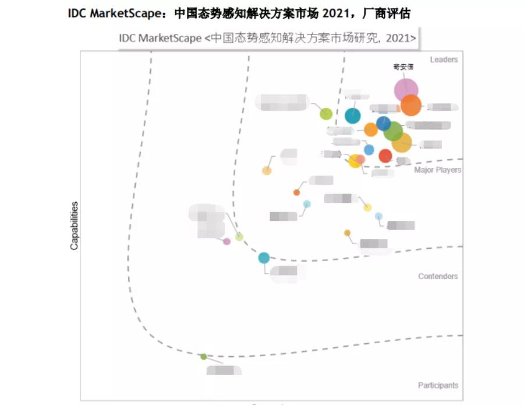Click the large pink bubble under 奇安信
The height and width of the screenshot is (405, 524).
[x=406, y=90]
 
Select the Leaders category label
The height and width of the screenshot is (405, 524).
[x=444, y=59]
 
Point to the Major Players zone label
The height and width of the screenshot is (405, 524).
[x=437, y=170]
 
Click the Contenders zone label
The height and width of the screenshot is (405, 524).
[x=438, y=276]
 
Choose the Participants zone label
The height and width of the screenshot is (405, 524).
[x=438, y=385]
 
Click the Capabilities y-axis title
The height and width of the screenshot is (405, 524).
[x=74, y=226]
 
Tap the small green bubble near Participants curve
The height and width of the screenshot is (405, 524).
[x=203, y=357]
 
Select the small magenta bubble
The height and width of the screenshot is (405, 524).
[x=226, y=241]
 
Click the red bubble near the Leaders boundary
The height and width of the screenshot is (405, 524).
[x=385, y=156]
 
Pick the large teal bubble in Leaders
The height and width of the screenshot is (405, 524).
[x=352, y=115]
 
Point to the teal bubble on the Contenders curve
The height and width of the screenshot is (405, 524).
[x=264, y=258]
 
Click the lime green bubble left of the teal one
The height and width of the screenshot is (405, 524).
[x=326, y=114]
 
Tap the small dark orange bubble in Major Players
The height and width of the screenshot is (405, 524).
[x=296, y=192]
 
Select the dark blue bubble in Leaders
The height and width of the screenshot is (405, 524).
[x=383, y=123]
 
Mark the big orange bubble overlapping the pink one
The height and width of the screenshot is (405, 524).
[x=411, y=105]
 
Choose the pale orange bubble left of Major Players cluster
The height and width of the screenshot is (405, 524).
[x=267, y=170]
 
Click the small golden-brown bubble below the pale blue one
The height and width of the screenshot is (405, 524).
[x=347, y=233]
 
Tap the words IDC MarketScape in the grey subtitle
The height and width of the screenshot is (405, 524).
[x=159, y=38]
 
